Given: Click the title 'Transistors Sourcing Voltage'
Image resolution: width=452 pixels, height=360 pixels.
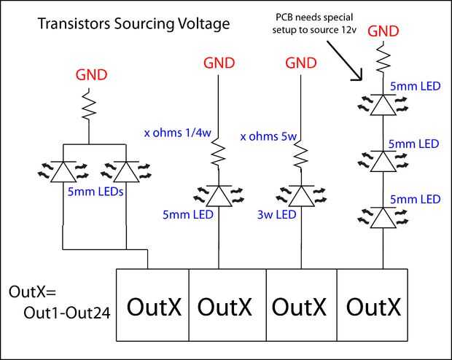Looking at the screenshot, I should click(133, 24).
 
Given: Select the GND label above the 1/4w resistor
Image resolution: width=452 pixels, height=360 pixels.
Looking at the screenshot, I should click(219, 64).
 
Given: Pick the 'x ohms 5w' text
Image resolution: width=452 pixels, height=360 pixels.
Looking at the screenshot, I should click(268, 135).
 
